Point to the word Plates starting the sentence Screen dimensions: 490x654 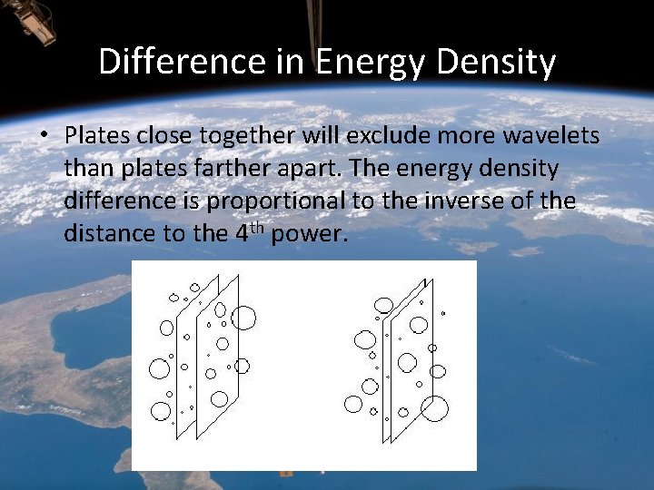97,136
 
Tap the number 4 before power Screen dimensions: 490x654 241,234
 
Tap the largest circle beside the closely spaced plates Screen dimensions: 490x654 435,409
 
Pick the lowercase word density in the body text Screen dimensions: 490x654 520,169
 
